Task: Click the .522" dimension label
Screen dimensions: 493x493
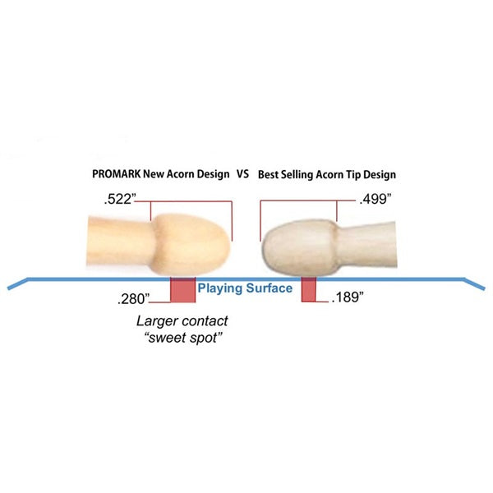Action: point(120,199)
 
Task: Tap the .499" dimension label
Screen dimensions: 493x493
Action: point(376,199)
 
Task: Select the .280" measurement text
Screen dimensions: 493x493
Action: point(133,299)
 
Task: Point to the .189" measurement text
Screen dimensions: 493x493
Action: point(348,297)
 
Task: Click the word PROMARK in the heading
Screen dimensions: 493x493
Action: point(117,174)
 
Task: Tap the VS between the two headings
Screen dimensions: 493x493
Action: point(242,174)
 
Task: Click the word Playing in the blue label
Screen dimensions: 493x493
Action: point(220,288)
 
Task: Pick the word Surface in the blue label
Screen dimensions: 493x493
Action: point(270,288)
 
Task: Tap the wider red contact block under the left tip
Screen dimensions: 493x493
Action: point(182,289)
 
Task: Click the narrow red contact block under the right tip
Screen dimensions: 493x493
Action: point(308,289)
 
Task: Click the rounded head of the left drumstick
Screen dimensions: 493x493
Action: point(191,245)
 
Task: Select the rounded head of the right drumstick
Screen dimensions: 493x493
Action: point(299,247)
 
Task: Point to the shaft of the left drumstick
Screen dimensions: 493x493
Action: point(120,241)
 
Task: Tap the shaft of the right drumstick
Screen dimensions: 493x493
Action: point(366,245)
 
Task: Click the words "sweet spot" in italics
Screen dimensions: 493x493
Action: point(182,338)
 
